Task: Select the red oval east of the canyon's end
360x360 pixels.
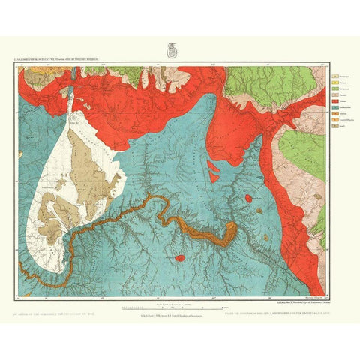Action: click(x=249, y=200)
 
